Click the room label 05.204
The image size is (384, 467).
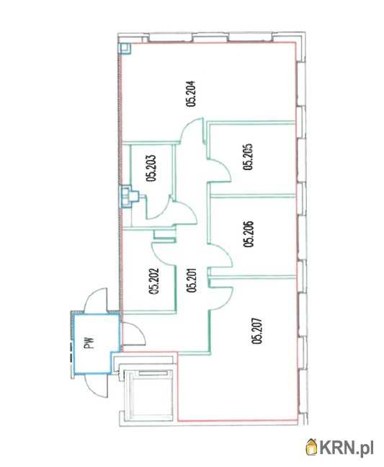[190, 94]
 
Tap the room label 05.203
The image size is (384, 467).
[151, 168]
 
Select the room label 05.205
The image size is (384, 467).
[248, 157]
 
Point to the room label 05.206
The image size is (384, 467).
[248, 233]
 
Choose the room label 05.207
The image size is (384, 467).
[257, 331]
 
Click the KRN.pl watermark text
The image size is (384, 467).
[347, 448]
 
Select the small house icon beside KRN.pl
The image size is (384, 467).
[312, 447]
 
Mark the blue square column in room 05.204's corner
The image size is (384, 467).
[125, 48]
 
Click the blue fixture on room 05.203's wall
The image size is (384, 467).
[128, 196]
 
